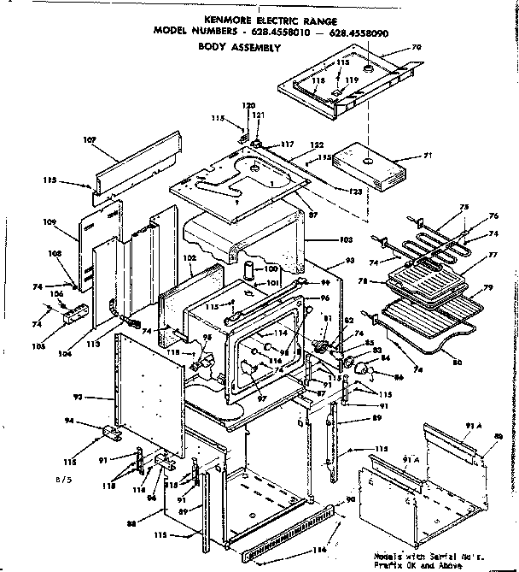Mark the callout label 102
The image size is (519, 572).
point(192,257)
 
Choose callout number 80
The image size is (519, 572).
point(458,361)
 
